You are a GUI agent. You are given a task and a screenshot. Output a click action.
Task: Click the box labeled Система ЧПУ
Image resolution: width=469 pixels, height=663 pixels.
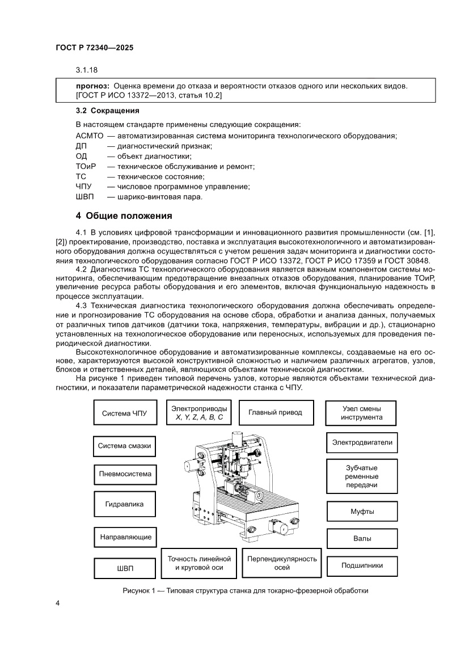124,413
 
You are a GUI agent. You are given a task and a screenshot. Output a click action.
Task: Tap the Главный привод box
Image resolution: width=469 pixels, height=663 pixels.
275,412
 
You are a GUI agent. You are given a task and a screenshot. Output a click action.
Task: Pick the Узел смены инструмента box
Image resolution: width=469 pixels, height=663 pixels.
362,412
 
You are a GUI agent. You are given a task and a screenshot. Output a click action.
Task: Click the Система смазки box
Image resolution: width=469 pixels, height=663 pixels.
124,446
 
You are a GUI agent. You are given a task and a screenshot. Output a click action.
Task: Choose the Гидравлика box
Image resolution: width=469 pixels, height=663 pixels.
124,504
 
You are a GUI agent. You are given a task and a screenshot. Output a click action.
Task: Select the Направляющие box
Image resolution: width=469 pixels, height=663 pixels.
124,536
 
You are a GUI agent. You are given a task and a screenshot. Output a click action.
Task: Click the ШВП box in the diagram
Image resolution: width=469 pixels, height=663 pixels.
124,568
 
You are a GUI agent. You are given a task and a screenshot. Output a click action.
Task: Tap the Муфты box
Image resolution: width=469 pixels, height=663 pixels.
362,512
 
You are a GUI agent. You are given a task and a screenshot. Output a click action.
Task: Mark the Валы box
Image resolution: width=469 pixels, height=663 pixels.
362,538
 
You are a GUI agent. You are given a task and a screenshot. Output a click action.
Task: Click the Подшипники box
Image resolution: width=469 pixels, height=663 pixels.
362,565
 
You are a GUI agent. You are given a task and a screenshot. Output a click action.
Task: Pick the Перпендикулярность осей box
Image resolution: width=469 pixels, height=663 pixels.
282,563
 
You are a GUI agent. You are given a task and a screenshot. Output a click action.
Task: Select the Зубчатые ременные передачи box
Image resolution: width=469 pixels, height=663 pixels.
362,476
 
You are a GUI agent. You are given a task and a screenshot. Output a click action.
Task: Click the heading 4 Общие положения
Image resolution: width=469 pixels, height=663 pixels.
124,216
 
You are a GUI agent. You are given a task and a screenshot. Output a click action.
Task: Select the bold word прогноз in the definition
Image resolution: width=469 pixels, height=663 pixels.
92,86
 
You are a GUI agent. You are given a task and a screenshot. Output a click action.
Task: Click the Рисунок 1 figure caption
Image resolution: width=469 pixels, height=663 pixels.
246,590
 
